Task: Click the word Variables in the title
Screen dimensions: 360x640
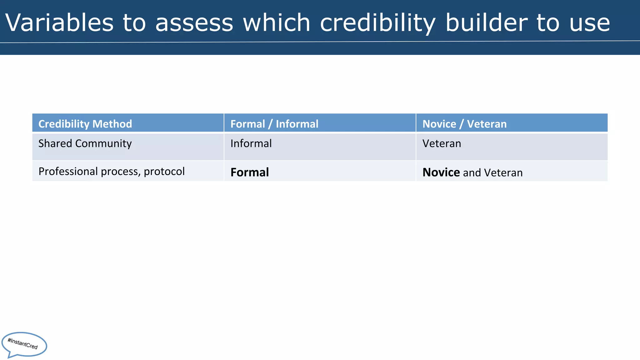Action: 59,22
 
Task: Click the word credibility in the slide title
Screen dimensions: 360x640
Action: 377,23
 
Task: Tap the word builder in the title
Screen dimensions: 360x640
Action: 486,22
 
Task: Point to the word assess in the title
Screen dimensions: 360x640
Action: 194,23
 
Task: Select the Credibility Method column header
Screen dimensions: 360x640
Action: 85,124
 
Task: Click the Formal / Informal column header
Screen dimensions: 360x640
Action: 274,124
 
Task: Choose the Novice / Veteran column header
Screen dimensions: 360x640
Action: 464,124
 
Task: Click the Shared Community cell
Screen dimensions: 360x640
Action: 85,143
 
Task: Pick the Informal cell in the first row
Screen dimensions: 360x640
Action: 251,143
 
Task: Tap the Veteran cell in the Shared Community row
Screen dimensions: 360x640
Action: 442,143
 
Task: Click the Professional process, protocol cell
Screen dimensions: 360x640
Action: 111,171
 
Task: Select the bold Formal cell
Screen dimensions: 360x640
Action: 249,172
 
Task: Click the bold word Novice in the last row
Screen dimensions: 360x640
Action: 441,172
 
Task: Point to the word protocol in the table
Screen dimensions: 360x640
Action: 164,171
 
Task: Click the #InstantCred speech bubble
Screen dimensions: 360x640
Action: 24,344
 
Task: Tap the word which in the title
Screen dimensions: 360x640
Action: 276,22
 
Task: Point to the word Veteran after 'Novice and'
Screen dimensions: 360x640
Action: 503,172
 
